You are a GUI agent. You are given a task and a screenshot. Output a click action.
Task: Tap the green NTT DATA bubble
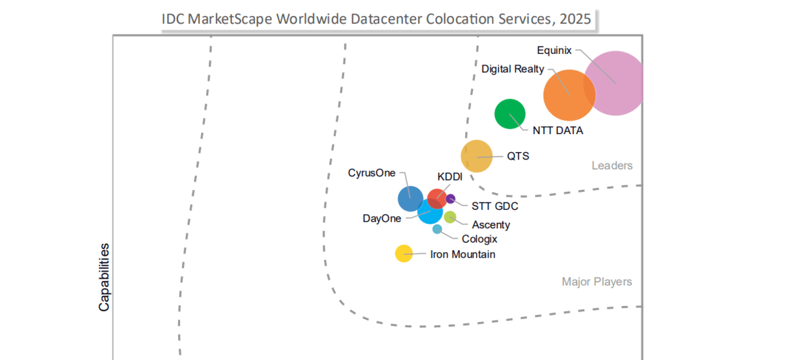tap(510, 114)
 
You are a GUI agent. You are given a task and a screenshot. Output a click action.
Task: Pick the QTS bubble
tap(477, 156)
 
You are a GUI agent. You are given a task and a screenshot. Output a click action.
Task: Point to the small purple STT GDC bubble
tap(451, 199)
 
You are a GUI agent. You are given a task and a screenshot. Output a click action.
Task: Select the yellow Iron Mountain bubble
tap(404, 253)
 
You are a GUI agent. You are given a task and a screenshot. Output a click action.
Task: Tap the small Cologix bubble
tap(437, 229)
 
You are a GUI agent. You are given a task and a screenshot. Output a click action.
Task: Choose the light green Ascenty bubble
tap(450, 217)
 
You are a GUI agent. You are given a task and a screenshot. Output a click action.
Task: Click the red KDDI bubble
tap(436, 197)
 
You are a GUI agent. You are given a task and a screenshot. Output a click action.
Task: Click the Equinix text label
tap(554, 50)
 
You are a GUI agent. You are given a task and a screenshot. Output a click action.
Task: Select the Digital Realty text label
tap(513, 69)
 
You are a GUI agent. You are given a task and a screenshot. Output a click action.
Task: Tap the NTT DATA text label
tap(557, 131)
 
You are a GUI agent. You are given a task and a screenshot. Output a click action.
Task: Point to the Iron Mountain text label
tap(462, 254)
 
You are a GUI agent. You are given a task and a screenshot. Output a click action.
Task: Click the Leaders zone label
tap(612, 166)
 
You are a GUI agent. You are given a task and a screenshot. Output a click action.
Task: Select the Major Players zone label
tap(597, 282)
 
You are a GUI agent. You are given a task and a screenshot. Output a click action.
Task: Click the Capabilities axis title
tap(104, 277)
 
